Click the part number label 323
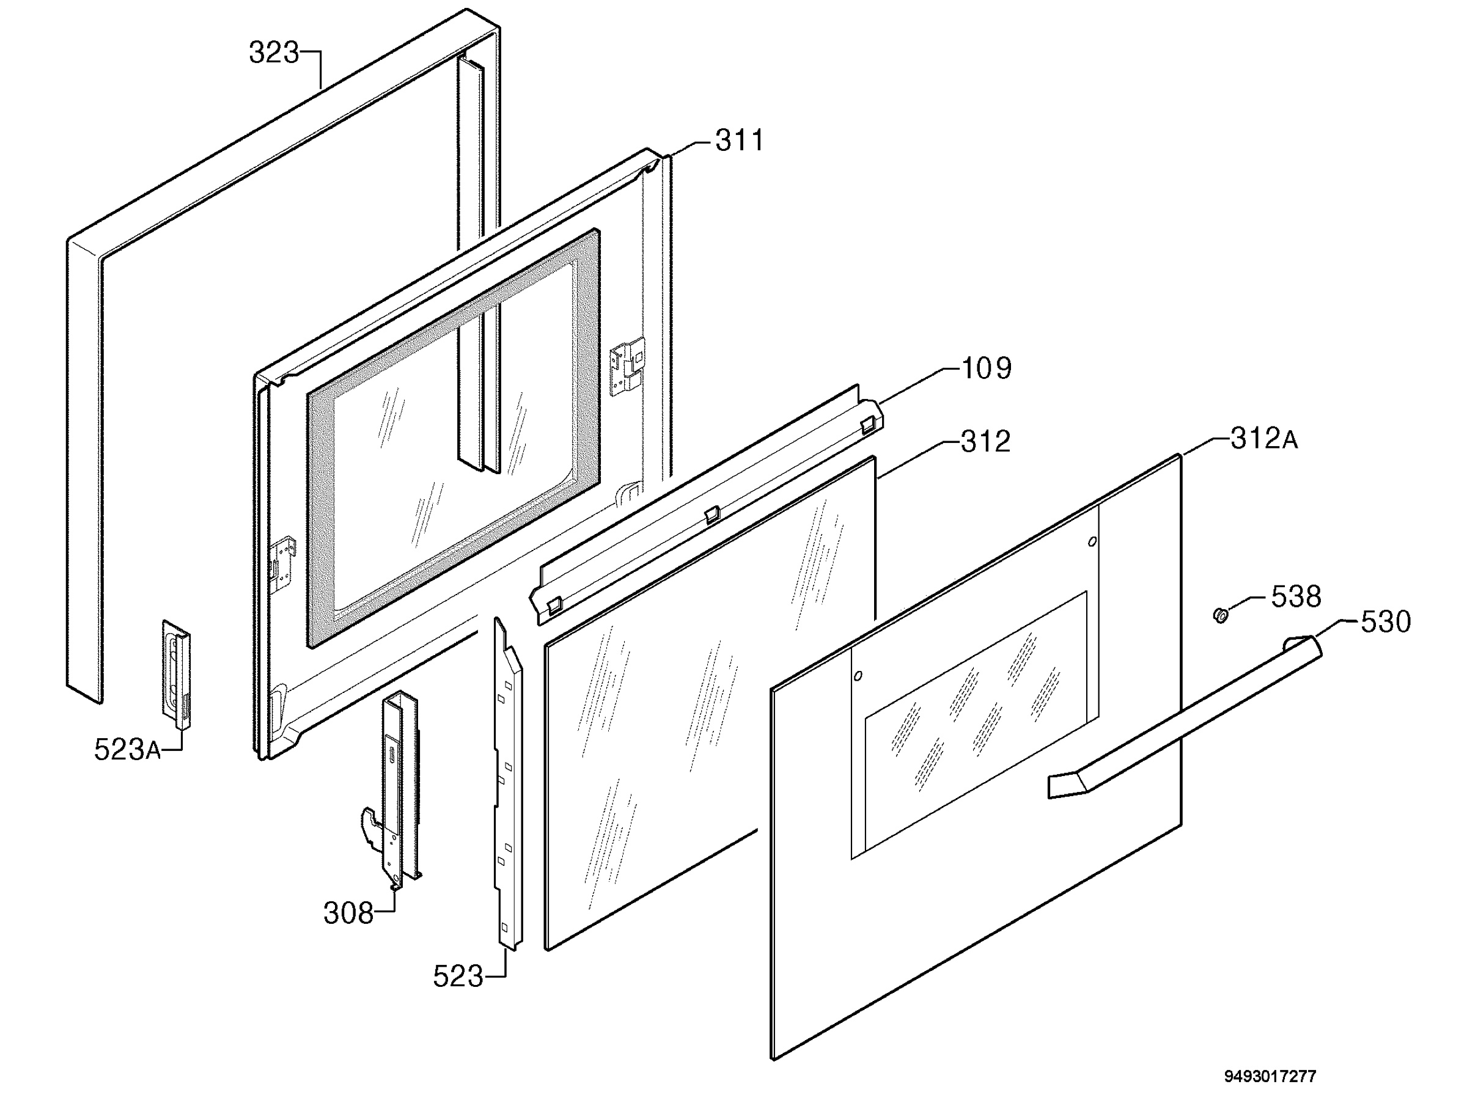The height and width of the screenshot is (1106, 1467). [x=274, y=53]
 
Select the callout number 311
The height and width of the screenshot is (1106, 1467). [x=740, y=141]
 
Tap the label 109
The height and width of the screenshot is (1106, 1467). [x=986, y=368]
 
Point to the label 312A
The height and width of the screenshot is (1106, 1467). [x=1264, y=438]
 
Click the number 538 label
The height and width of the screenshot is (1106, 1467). [x=1296, y=597]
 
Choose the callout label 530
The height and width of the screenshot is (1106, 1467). [x=1386, y=622]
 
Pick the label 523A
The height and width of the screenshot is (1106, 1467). [x=127, y=750]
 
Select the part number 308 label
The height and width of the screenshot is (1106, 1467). [x=348, y=914]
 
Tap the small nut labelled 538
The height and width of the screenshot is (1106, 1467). [x=1220, y=616]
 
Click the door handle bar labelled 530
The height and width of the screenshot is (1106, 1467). [x=1184, y=717]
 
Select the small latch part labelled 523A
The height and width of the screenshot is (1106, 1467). [x=177, y=673]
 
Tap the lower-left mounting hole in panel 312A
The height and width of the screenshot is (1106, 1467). [x=858, y=676]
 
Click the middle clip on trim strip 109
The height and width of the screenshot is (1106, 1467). [x=711, y=514]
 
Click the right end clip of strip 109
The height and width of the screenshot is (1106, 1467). [x=867, y=423]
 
